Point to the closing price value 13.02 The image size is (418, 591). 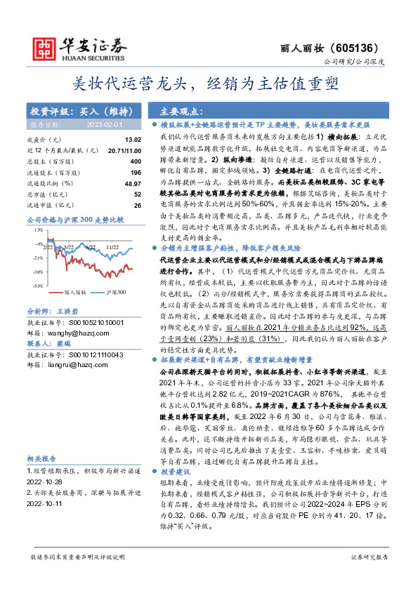pos(133,140)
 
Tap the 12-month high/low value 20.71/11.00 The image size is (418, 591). pos(125,151)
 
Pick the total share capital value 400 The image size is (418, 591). pos(135,161)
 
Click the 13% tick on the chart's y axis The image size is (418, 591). pos(38,229)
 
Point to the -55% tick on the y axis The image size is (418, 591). pos(37,286)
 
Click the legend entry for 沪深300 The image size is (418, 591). pos(112,292)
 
